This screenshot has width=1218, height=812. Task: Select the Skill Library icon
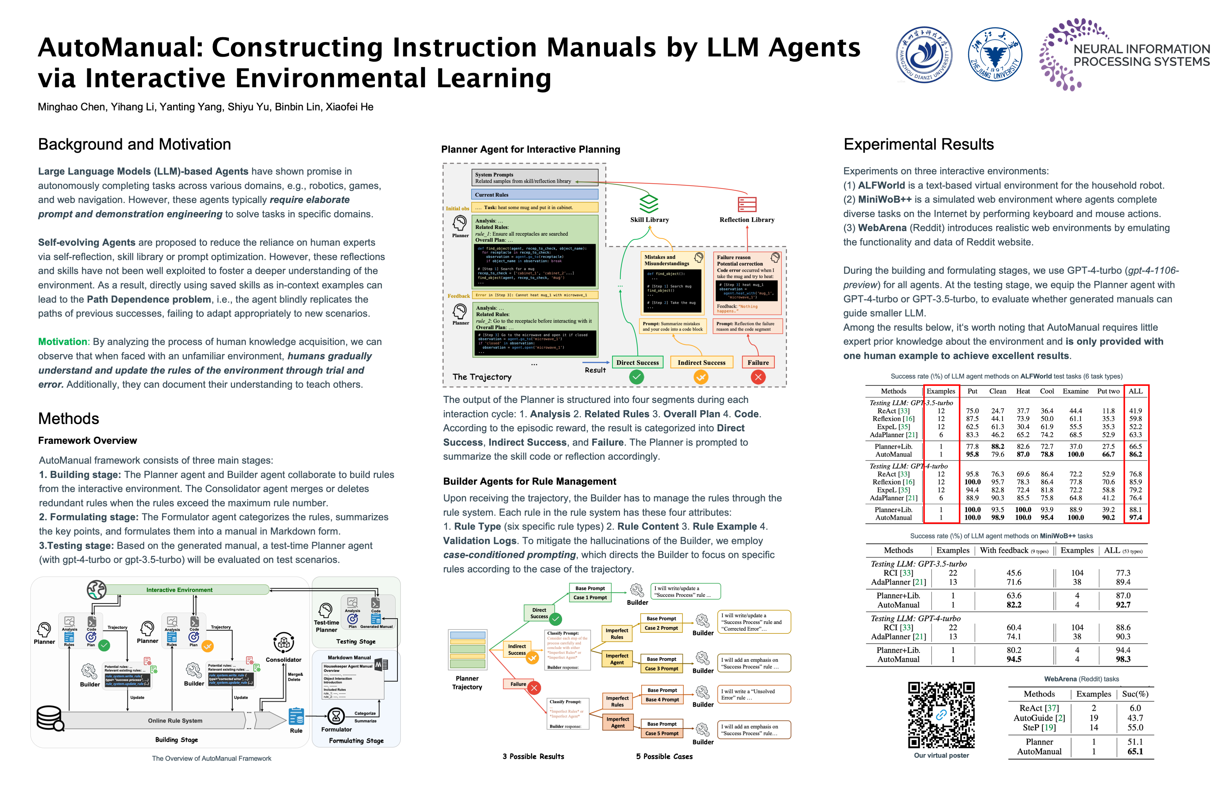pyautogui.click(x=649, y=204)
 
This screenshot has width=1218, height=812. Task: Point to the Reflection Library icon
pyautogui.click(x=747, y=204)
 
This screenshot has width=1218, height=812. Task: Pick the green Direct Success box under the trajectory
pyautogui.click(x=637, y=363)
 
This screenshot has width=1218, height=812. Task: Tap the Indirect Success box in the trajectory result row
pyautogui.click(x=701, y=363)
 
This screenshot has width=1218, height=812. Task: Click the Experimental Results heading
pyautogui.click(x=918, y=144)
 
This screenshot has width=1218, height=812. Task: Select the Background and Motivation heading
pyautogui.click(x=134, y=144)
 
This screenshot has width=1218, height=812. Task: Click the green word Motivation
pyautogui.click(x=63, y=342)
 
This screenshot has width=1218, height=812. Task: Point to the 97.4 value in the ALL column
pyautogui.click(x=1135, y=517)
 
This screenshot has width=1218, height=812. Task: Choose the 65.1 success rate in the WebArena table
pyautogui.click(x=1135, y=752)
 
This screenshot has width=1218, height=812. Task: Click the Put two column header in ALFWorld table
pyautogui.click(x=1108, y=391)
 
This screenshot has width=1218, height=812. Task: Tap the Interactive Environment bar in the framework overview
pyautogui.click(x=179, y=590)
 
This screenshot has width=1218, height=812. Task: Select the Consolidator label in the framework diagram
pyautogui.click(x=283, y=660)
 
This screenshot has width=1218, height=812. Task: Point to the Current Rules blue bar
pyautogui.click(x=535, y=195)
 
